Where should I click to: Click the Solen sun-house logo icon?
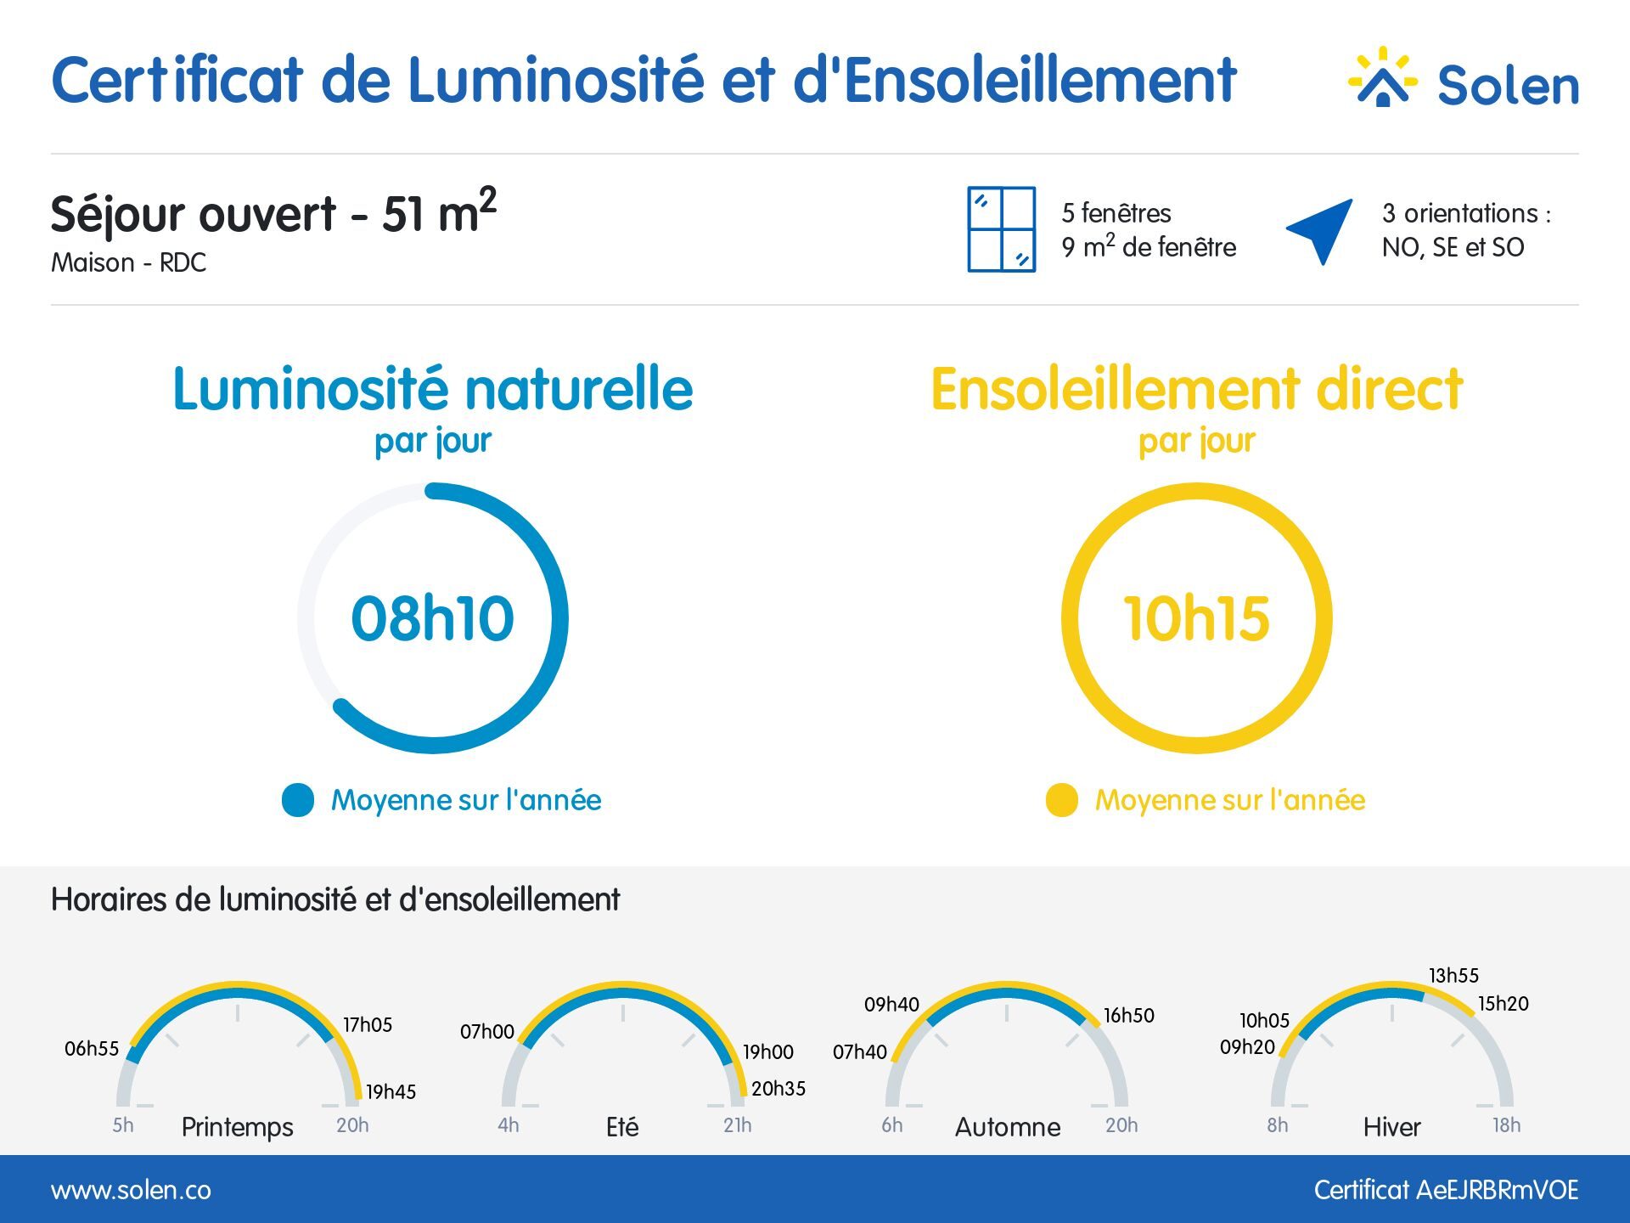tap(1383, 78)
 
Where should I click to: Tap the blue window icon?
tap(1002, 229)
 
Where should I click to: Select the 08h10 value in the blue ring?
tap(433, 617)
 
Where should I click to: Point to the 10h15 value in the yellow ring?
tap(1197, 617)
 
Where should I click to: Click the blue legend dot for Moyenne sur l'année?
tap(298, 800)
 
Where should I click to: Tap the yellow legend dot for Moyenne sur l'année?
tap(1062, 800)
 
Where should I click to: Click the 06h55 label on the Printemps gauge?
tap(92, 1049)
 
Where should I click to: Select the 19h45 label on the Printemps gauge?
tap(391, 1092)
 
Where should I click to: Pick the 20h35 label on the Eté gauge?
tap(778, 1089)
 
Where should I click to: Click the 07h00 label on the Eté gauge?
tap(487, 1032)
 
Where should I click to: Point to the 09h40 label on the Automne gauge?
tap(891, 1005)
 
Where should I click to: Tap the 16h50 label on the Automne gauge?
tap(1129, 1016)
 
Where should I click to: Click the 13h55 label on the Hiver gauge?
tap(1453, 976)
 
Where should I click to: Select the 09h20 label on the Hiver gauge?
tap(1247, 1047)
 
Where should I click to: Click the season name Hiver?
tap(1391, 1127)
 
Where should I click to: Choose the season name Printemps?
tap(238, 1128)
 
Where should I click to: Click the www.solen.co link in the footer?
tap(131, 1191)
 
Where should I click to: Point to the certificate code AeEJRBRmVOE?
tap(1497, 1190)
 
